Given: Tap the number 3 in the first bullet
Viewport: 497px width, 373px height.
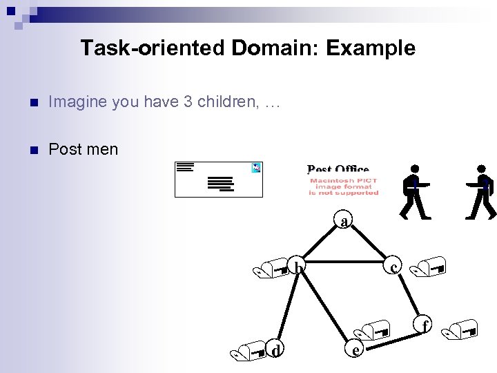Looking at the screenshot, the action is coord(187,102).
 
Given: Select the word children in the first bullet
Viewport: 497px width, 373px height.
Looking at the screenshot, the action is coord(227,102).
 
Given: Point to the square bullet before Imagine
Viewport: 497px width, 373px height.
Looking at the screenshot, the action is coord(28,103).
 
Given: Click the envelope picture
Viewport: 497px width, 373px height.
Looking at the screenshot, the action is coord(218,179).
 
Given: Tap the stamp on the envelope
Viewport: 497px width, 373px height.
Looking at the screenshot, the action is coord(256,167).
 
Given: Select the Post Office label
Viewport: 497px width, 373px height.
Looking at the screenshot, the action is coord(338,169).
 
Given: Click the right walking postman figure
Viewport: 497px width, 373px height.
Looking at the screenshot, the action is coord(482,191).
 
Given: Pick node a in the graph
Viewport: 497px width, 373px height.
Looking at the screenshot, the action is coord(344,221).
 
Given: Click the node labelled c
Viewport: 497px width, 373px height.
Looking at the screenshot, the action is coord(393,267).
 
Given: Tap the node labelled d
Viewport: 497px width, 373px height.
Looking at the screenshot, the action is coord(276,351).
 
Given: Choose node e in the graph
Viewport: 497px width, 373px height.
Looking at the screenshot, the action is coord(355,350).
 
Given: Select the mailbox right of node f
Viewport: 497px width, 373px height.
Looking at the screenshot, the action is coord(461,329).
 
